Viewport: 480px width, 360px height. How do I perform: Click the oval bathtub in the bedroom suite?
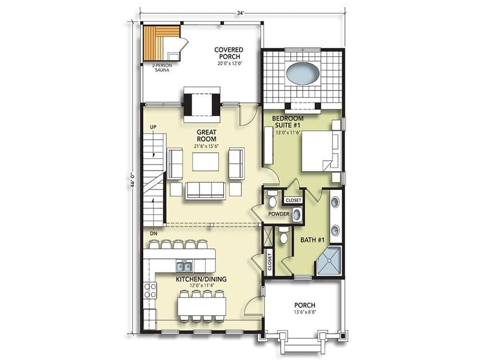(x=302, y=73)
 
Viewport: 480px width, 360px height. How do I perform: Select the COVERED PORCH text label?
(x=228, y=53)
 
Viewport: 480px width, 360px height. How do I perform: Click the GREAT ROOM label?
(x=206, y=135)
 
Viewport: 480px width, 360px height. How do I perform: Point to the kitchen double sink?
(x=184, y=266)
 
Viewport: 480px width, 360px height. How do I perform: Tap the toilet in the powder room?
(x=273, y=198)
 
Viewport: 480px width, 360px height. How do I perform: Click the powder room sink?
(x=297, y=215)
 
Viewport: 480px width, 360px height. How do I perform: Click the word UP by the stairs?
(x=153, y=127)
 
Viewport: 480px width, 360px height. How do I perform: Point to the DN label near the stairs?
(x=153, y=233)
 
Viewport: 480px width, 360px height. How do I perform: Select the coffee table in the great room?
(x=205, y=162)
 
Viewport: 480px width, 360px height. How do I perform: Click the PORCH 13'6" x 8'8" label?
(x=305, y=308)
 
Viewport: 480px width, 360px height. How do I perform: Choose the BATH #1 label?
(x=311, y=240)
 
